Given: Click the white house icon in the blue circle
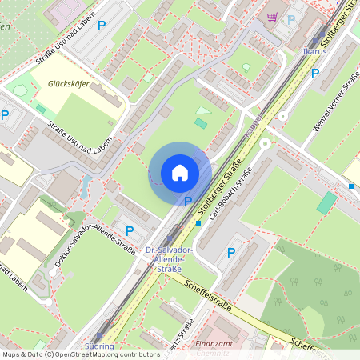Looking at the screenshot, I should tap(180, 173).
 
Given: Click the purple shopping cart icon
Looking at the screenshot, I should tap(273, 16).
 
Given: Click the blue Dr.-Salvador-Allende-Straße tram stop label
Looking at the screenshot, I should tap(166, 260).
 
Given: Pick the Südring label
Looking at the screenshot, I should tap(98, 347).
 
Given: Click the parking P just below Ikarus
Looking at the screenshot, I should tap(315, 73).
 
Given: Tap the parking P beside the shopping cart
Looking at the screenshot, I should tap(291, 19).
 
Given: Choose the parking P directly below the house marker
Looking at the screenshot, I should tap(188, 202).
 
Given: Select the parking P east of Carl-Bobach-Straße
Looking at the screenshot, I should tap(231, 253).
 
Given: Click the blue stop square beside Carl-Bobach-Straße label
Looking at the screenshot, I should tap(198, 223).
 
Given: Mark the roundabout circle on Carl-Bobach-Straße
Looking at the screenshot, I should tap(264, 145).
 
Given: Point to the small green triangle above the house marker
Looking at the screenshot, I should tap(203, 110).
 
